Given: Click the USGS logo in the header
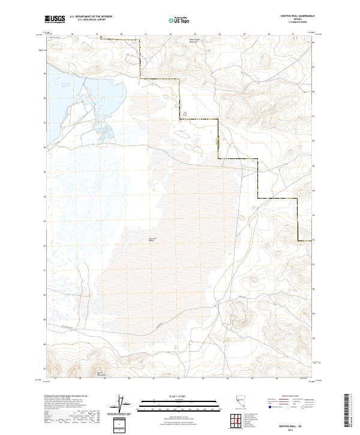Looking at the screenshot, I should click(x=56, y=20).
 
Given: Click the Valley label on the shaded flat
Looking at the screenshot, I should click(x=136, y=241).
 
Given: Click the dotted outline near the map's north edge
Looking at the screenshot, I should click(x=131, y=58).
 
